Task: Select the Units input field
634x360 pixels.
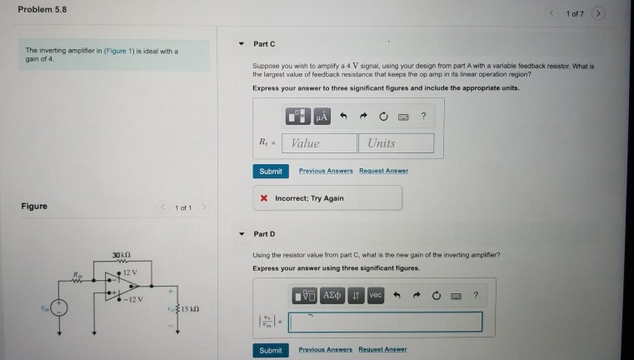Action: [x=397, y=143]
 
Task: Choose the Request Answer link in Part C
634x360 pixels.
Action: [x=383, y=171]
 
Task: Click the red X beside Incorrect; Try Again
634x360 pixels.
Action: [x=264, y=198]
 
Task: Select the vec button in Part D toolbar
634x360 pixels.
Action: [x=375, y=296]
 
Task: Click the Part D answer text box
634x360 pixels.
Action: [x=385, y=322]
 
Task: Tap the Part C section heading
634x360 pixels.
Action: [x=265, y=43]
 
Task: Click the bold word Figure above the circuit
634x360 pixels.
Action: [x=34, y=206]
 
